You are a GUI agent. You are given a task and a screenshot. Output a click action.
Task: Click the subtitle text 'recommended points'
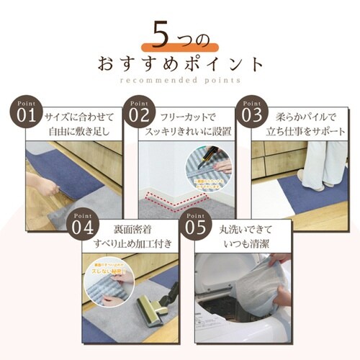[180, 80]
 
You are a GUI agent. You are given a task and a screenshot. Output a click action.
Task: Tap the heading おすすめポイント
[180, 63]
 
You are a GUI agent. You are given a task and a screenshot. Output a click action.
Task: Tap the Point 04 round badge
[81, 226]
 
